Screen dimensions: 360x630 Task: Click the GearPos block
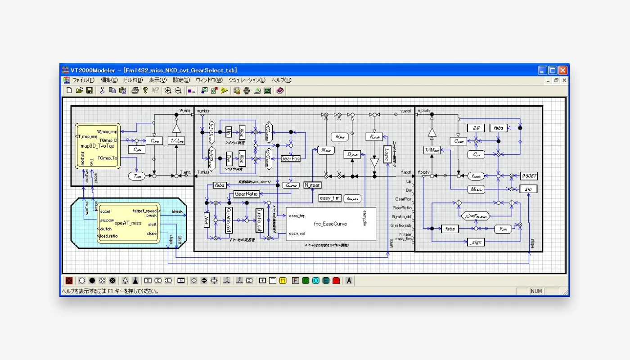pyautogui.click(x=290, y=159)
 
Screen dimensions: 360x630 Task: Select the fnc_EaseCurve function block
pyautogui.click(x=331, y=224)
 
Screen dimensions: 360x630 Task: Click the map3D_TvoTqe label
pyautogui.click(x=97, y=146)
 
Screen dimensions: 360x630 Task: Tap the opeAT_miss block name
pyautogui.click(x=128, y=223)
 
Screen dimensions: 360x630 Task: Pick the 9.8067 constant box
pyautogui.click(x=529, y=176)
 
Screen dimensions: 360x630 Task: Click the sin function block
pyautogui.click(x=529, y=189)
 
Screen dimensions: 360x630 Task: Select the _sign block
pyautogui.click(x=475, y=243)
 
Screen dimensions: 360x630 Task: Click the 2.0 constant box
pyautogui.click(x=475, y=128)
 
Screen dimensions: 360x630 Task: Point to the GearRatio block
pyautogui.click(x=246, y=194)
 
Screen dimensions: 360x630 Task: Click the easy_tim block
pyautogui.click(x=330, y=198)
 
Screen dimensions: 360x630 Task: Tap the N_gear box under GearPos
pyautogui.click(x=312, y=185)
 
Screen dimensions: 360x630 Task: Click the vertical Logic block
pyautogui.click(x=386, y=154)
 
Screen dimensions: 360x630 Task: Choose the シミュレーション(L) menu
pyautogui.click(x=247, y=80)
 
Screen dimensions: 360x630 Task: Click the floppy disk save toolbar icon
pyautogui.click(x=90, y=90)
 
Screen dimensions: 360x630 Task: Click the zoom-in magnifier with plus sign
pyautogui.click(x=168, y=90)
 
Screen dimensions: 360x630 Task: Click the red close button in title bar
pyautogui.click(x=562, y=70)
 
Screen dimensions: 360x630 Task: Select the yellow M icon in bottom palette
pyautogui.click(x=283, y=280)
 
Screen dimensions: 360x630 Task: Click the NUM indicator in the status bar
pyautogui.click(x=536, y=291)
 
